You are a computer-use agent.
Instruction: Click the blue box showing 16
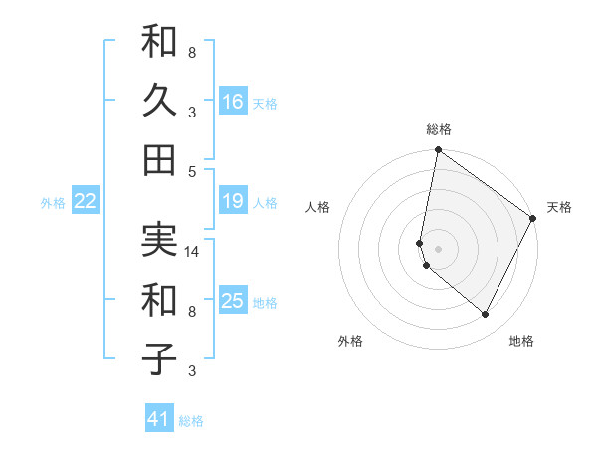click(233, 101)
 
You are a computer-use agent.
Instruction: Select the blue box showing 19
click(233, 201)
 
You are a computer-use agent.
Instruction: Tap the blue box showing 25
click(233, 301)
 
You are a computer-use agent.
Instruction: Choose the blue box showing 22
click(86, 201)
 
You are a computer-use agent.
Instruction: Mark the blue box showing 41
click(159, 419)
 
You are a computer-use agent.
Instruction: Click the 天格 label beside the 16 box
click(265, 103)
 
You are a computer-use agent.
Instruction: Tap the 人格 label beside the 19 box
click(265, 203)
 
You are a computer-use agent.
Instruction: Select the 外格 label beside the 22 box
click(53, 203)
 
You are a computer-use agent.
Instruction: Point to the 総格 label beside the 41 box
click(192, 421)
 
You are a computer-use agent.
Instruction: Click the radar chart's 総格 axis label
click(439, 129)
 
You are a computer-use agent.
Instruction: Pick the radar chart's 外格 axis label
click(350, 341)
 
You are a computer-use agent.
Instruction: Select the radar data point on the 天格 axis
click(533, 219)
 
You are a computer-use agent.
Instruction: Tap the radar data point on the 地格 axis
click(486, 315)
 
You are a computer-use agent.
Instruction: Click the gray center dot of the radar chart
click(439, 248)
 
